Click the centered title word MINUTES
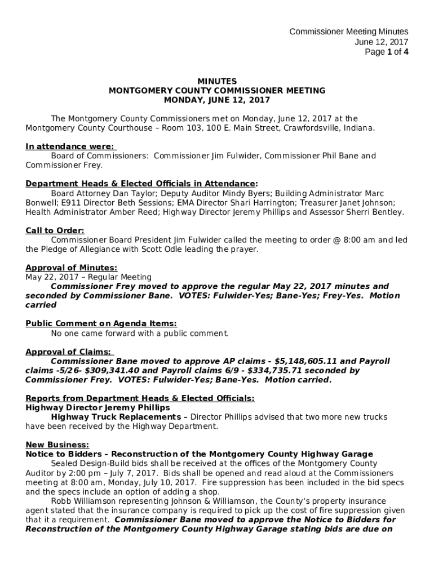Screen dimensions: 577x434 (217, 81)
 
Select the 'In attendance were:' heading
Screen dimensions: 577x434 (70, 147)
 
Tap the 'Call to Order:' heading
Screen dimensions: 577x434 (55, 230)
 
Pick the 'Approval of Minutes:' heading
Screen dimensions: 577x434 (71, 268)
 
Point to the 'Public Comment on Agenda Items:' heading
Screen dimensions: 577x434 (101, 323)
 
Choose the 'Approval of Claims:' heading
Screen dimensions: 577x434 (68, 352)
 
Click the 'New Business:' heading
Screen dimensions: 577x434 (57, 445)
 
